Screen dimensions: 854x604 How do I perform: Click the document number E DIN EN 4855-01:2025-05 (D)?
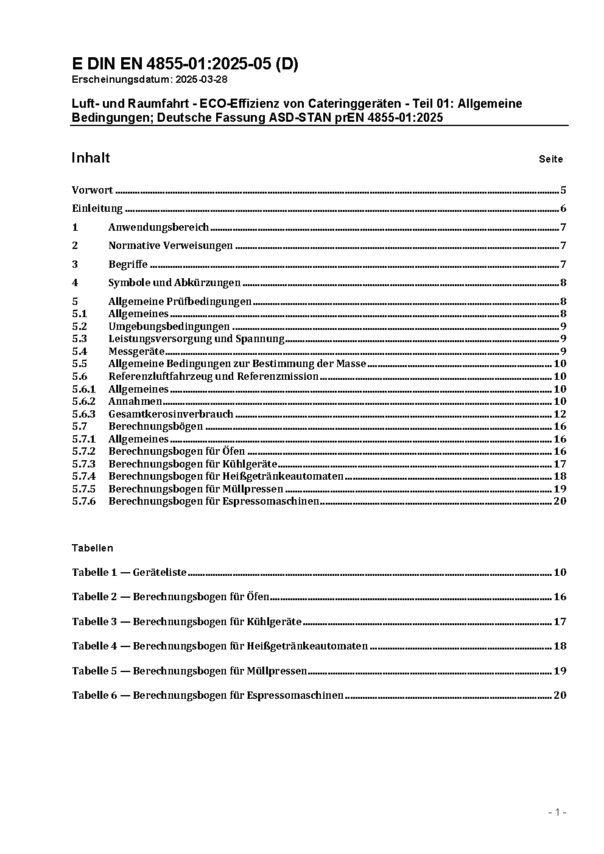[185, 65]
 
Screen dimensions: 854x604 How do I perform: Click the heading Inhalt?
[91, 158]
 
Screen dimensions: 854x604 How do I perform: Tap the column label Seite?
[550, 159]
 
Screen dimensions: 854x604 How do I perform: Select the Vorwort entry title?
[93, 191]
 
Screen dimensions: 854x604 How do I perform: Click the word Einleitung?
[97, 209]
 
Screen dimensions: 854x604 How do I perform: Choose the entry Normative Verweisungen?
[170, 246]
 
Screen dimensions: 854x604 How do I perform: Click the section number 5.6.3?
[83, 414]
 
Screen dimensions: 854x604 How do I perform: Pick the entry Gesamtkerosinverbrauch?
[170, 414]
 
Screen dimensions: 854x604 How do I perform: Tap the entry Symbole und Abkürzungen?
[174, 283]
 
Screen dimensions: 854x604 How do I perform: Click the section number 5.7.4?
[83, 477]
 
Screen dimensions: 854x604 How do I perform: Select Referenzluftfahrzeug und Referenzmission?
[213, 377]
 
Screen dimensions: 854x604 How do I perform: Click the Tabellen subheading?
[93, 548]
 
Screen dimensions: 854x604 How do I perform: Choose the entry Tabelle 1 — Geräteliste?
[129, 573]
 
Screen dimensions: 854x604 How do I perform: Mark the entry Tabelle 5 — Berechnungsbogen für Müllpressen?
[189, 671]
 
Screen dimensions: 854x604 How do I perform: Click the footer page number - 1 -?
[557, 812]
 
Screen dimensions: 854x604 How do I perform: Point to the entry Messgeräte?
[136, 352]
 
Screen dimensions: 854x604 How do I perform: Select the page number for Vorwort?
[563, 191]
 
